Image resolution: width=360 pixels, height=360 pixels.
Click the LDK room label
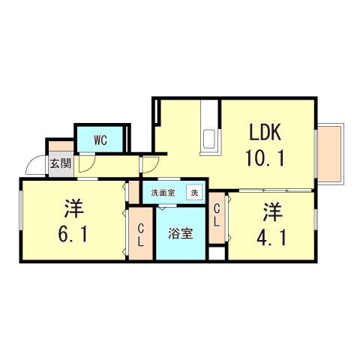tap(265, 132)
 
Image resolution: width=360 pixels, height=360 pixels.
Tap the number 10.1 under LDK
tap(265, 158)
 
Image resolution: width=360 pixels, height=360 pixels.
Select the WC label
tap(100, 140)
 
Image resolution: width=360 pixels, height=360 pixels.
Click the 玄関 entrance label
tap(61, 163)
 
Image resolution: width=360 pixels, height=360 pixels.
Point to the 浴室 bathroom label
tap(181, 233)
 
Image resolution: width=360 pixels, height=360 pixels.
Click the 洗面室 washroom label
tap(163, 193)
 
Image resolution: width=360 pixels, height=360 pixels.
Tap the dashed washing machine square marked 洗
tap(194, 192)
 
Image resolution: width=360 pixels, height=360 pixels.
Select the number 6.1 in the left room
tap(73, 234)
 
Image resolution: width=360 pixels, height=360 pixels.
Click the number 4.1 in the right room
tap(271, 238)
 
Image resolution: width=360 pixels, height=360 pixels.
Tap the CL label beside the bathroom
tap(141, 235)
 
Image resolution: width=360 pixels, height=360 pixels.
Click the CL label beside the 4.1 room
tap(217, 215)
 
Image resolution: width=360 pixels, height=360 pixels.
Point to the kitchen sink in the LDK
tap(209, 139)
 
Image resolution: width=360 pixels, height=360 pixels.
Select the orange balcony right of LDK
tap(330, 154)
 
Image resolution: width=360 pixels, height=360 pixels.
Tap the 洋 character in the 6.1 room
tap(73, 208)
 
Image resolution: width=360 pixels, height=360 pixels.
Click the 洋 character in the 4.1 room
tap(273, 212)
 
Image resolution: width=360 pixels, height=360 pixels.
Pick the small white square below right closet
tap(217, 253)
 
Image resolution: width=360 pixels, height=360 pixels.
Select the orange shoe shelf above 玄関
tap(61, 146)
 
